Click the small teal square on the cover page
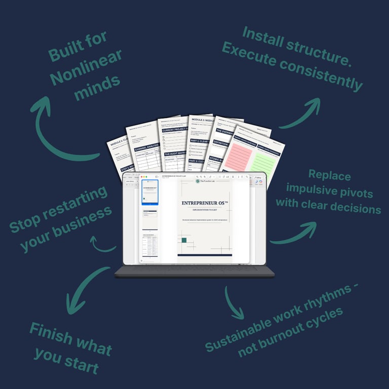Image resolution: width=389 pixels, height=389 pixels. click(x=184, y=240)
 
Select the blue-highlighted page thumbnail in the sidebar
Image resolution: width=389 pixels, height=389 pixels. click(x=150, y=192)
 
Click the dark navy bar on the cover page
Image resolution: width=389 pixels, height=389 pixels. click(x=205, y=255)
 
